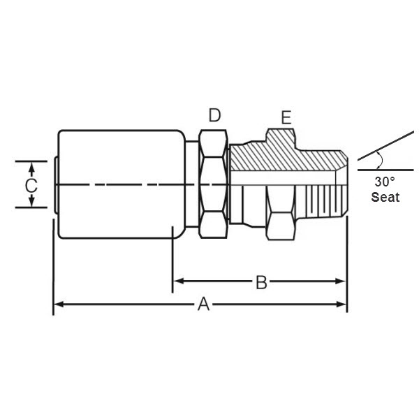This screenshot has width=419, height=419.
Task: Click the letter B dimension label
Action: click(x=260, y=281)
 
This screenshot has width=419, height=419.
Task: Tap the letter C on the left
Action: click(x=31, y=185)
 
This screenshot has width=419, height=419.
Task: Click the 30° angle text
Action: click(x=384, y=181)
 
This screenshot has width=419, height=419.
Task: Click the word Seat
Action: click(x=385, y=197)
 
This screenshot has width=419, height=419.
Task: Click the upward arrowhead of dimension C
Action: click(x=31, y=166)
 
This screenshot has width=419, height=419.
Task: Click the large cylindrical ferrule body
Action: click(x=115, y=209)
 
